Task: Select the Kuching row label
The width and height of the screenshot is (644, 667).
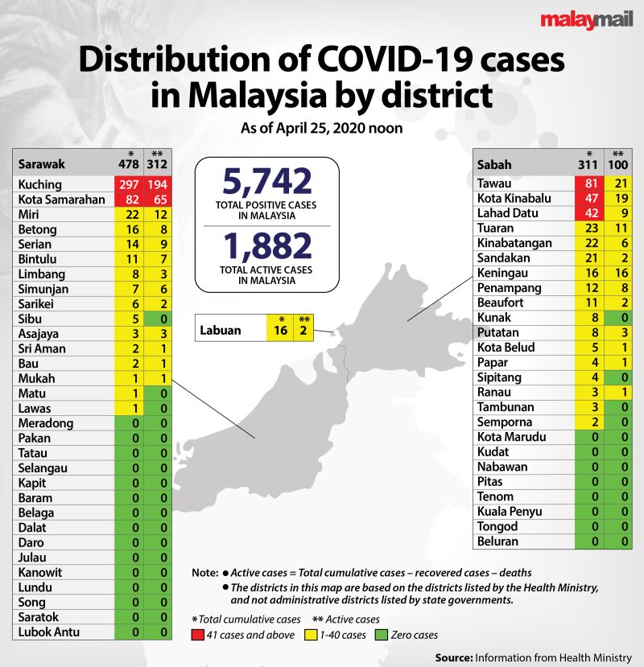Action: [39, 184]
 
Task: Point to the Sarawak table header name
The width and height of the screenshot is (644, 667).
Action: [42, 163]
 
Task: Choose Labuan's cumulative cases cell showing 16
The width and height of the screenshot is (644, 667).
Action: [279, 330]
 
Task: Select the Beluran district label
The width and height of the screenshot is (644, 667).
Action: [498, 541]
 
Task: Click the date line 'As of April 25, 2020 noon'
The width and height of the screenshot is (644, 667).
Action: [322, 128]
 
